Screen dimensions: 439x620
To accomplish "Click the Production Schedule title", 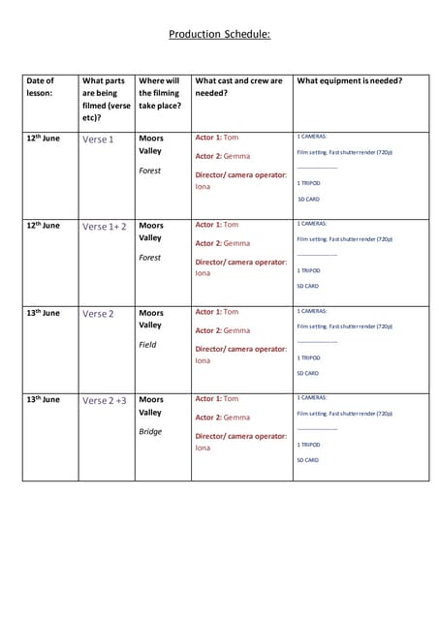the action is click(219, 34).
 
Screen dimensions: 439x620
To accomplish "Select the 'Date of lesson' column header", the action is click(41, 88).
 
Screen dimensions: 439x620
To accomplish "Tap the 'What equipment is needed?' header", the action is click(350, 80).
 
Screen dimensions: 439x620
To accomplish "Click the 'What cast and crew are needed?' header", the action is click(239, 87).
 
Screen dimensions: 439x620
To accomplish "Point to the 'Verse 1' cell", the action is click(98, 139).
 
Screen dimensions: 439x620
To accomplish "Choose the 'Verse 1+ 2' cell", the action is click(104, 227).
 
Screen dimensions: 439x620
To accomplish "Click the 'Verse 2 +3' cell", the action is click(104, 400).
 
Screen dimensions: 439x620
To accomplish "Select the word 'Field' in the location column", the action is click(147, 345).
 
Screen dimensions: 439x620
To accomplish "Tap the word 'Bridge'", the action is click(149, 432).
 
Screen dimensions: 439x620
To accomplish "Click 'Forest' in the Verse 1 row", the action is click(149, 170).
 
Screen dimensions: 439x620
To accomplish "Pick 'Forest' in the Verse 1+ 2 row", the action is click(149, 258).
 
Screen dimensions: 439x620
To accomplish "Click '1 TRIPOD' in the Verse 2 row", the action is click(308, 357).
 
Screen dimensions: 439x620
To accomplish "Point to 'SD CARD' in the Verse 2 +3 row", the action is click(307, 460).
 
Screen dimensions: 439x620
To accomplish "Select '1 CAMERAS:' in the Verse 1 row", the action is click(312, 137).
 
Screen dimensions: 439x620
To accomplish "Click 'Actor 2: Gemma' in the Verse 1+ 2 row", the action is click(223, 243).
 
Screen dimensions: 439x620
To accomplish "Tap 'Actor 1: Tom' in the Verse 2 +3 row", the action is click(217, 398).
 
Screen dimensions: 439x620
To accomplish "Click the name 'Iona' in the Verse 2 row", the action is click(203, 360).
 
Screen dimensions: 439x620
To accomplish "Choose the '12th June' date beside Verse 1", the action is click(43, 139).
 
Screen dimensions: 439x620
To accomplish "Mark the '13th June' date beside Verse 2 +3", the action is click(43, 399).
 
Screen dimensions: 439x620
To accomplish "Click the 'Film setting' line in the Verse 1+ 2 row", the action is click(344, 238).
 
